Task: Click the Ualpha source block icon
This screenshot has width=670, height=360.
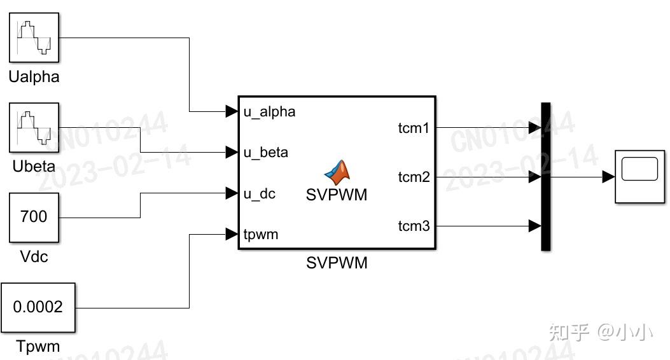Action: point(34,37)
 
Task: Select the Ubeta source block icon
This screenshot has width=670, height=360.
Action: point(34,127)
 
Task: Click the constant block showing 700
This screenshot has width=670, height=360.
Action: point(34,218)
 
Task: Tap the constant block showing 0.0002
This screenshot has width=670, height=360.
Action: point(38,307)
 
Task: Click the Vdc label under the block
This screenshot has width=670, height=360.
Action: point(34,257)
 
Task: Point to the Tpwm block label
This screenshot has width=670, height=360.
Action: point(38,347)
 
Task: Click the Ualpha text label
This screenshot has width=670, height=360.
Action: point(34,77)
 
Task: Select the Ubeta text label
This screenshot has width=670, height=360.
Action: point(34,167)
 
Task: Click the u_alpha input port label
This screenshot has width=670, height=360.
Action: point(269,112)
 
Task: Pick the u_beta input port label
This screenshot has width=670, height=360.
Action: point(265,153)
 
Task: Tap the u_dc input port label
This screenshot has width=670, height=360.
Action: point(260,194)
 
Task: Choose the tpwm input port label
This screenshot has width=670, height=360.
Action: point(261,235)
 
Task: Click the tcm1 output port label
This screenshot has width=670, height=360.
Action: point(414,128)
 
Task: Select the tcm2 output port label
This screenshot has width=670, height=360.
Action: point(414,177)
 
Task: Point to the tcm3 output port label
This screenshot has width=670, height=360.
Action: point(414,226)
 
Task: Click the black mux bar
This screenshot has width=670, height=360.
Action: point(545,177)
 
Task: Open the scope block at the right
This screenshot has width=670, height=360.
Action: point(639,177)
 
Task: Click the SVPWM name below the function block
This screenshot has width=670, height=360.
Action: point(337,263)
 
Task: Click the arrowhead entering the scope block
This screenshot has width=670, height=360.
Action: point(608,177)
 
